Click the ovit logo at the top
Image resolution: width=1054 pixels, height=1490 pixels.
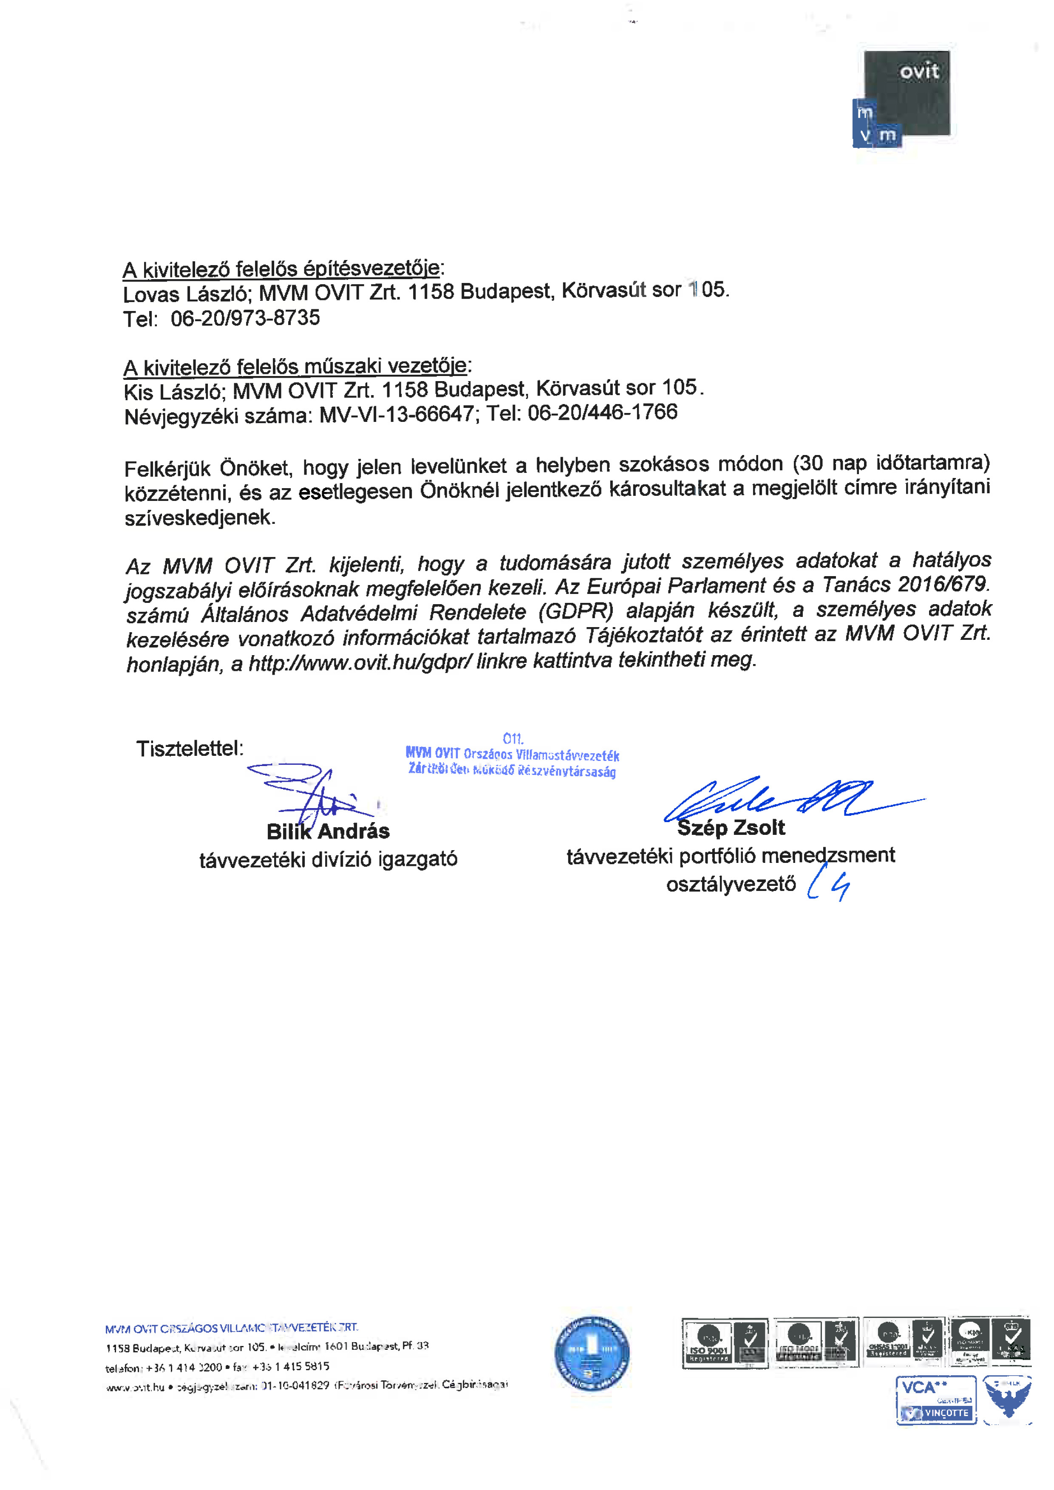(902, 97)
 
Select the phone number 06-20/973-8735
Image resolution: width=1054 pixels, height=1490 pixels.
(245, 318)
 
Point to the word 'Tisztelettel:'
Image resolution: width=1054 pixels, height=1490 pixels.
(190, 749)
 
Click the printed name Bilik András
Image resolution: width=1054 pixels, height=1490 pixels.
(328, 831)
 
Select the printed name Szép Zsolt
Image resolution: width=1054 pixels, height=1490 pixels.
(731, 828)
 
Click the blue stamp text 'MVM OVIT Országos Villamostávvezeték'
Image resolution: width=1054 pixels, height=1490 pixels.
(512, 755)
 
